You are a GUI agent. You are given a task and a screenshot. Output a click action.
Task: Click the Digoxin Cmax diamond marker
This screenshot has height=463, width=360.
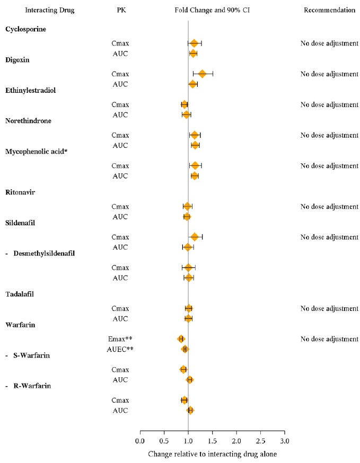coord(202,74)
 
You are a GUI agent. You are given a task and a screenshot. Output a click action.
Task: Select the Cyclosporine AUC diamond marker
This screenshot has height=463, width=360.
coord(193,54)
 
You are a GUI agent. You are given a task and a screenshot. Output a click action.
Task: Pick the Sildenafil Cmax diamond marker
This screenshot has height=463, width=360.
coord(195,237)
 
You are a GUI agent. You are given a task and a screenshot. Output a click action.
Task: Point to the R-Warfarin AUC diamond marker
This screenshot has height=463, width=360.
coord(190,410)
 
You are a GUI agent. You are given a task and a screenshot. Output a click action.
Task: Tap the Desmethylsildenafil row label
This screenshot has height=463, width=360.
coord(47,253)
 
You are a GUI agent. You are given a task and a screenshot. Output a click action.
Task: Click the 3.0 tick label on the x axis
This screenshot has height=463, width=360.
coord(285,441)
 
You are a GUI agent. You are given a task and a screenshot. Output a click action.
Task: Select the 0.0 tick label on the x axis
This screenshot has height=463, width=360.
coord(140,441)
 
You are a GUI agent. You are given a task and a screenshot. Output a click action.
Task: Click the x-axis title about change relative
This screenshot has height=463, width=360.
coord(212,454)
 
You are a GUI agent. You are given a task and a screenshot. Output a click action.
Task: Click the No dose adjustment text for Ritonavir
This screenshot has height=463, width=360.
coord(329,207)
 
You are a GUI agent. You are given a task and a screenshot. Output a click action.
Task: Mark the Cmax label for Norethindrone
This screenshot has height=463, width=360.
coord(120,135)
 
